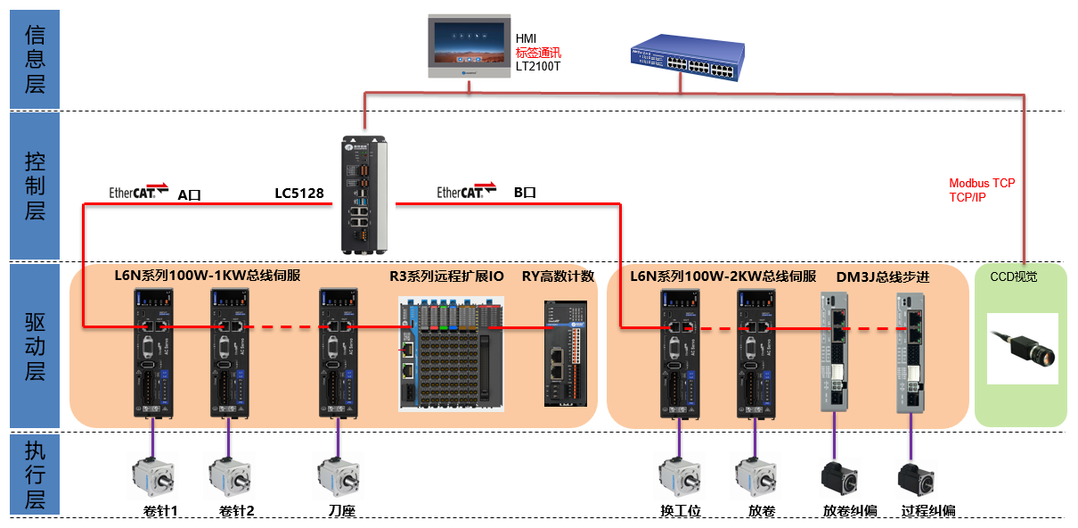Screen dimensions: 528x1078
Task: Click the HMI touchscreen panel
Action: [469, 45]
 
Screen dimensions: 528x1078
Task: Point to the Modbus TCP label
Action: [982, 183]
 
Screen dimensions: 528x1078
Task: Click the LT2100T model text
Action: [538, 67]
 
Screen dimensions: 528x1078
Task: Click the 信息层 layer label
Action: [35, 59]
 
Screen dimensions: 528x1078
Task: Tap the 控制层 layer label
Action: [35, 186]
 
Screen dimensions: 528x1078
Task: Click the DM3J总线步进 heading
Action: [883, 276]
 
